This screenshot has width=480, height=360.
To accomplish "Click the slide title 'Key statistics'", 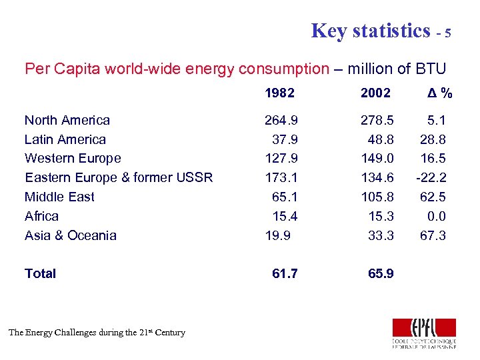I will (x=371, y=31).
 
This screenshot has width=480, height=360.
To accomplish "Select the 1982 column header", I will (x=279, y=93).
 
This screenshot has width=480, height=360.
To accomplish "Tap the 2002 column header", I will (x=375, y=93).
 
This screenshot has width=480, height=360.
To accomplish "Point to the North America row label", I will (x=67, y=121).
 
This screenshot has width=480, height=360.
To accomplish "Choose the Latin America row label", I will (x=65, y=139).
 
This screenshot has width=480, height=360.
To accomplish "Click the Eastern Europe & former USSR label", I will (x=119, y=177).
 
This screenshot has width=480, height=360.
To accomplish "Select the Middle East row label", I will (x=59, y=197).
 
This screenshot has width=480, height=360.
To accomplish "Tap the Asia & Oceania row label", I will (x=71, y=235).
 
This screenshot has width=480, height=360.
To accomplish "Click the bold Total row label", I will (x=40, y=273).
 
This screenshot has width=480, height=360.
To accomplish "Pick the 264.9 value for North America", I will (x=281, y=121).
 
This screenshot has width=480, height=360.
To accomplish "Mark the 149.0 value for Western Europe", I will (x=377, y=159).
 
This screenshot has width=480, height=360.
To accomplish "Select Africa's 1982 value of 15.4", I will (x=285, y=216).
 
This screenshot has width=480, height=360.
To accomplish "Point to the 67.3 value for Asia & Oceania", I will (x=433, y=235).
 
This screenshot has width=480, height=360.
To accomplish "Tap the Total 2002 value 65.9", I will (x=381, y=273).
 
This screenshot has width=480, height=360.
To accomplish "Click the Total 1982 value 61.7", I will (x=285, y=273).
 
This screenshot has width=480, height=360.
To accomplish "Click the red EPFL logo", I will (x=424, y=328).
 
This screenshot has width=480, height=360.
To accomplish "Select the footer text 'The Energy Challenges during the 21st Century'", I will (x=97, y=332).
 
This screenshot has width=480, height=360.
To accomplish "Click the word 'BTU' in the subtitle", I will (x=430, y=69).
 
